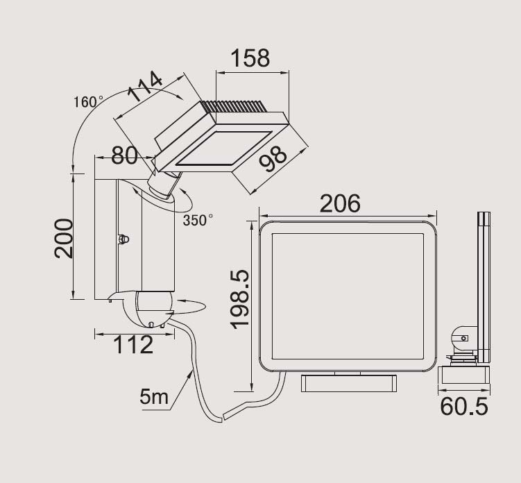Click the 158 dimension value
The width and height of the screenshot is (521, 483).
[250, 58]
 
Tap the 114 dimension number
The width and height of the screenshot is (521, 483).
[145, 86]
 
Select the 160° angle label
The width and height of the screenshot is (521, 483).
[88, 102]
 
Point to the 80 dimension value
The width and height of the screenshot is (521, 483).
[124, 155]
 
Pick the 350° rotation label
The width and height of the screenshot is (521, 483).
[198, 220]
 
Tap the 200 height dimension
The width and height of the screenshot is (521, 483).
[63, 238]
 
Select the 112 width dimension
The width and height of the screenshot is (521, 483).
[133, 345]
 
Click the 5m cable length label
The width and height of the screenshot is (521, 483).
[154, 396]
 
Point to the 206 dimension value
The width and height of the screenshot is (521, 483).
[340, 203]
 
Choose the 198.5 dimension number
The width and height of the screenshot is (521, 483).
[240, 299]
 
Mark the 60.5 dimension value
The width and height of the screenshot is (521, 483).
[464, 406]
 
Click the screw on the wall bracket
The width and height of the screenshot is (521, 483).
[123, 239]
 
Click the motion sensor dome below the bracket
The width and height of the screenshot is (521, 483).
[152, 309]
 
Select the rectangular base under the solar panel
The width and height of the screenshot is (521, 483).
[349, 383]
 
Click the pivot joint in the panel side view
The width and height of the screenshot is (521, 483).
[462, 339]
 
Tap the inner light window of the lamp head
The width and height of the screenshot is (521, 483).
[223, 149]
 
